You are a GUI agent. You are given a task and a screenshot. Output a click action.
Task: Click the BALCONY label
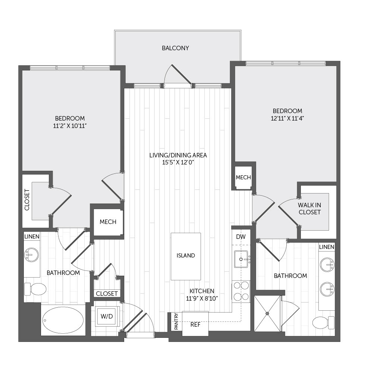(x=175, y=48)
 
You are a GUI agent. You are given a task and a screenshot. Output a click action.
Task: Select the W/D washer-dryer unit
(x=107, y=316)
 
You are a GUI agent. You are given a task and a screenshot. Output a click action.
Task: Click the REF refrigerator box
(x=195, y=324)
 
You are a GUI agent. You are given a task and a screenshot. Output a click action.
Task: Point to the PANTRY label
(x=176, y=321)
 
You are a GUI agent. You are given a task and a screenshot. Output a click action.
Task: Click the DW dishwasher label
(x=241, y=237)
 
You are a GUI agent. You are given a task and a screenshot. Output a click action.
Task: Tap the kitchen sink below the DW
(x=241, y=259)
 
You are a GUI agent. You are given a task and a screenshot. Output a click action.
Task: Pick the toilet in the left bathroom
(x=35, y=289)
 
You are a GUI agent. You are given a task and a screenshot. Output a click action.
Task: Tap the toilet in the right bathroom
(x=323, y=323)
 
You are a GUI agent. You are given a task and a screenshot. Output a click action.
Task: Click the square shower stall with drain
(x=267, y=313)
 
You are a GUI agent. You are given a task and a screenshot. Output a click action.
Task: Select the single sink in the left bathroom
(x=32, y=255)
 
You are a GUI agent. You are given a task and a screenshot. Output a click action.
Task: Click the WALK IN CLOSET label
(x=309, y=208)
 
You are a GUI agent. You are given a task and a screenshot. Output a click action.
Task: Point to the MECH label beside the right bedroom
(x=243, y=177)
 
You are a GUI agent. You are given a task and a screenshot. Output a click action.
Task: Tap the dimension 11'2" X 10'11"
(x=70, y=126)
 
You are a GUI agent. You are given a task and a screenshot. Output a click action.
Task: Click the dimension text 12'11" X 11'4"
(x=287, y=119)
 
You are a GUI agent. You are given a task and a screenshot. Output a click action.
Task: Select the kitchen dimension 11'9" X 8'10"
(x=202, y=298)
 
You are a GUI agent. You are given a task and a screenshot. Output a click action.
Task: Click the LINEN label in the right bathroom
(x=327, y=247)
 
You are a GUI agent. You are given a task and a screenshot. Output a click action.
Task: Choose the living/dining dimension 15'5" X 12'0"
(x=178, y=163)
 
